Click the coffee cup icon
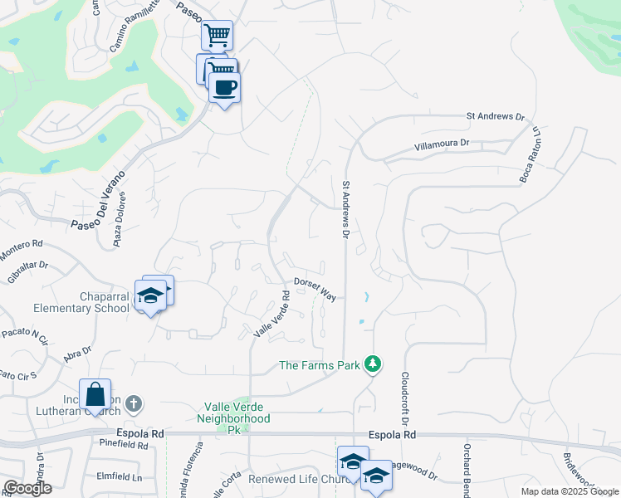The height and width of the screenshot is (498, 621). point(224,87)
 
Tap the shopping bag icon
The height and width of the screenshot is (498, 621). point(95,393)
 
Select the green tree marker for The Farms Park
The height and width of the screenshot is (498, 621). point(374,364)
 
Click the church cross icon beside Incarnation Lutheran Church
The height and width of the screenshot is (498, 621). point(134,404)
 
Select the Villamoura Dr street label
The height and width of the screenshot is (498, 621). point(443,144)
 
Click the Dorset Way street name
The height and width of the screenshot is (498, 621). point(315,289)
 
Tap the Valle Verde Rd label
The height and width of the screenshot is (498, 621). point(272,314)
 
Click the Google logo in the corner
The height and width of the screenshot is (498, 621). point(27,488)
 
